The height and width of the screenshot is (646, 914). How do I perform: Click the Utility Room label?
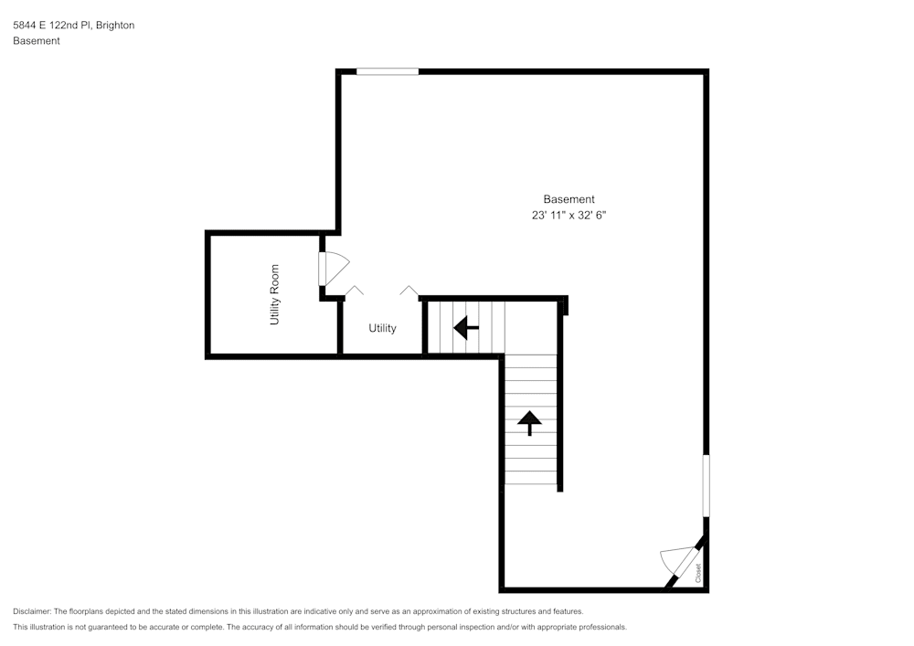pos(274,295)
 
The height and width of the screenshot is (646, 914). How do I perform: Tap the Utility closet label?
pos(382,328)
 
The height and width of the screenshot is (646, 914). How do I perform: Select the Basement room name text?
pos(569,199)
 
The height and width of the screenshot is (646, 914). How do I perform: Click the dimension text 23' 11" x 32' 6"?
pos(569,216)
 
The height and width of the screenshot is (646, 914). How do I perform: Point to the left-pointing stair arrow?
pos(466,326)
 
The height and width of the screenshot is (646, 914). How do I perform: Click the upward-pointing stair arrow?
pos(529,422)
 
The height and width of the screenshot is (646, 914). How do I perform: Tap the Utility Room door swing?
pos(333,268)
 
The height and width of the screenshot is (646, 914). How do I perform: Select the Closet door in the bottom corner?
pos(679,561)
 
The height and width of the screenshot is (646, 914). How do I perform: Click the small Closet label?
pos(698,573)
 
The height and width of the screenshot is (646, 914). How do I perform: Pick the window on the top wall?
pos(388,71)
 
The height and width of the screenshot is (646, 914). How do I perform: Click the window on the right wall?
pos(706,485)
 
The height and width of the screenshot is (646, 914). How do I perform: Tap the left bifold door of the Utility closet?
pos(355,291)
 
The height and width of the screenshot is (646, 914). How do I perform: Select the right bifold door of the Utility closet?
pos(409,291)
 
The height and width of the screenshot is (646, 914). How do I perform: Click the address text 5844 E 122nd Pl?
pos(51,26)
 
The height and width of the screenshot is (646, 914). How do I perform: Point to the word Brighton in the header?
pos(114,26)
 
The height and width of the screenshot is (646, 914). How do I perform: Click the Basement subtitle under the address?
pos(37,41)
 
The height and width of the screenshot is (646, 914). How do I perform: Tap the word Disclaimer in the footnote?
pos(32,611)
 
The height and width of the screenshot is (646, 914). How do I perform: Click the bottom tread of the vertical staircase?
pos(530,478)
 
